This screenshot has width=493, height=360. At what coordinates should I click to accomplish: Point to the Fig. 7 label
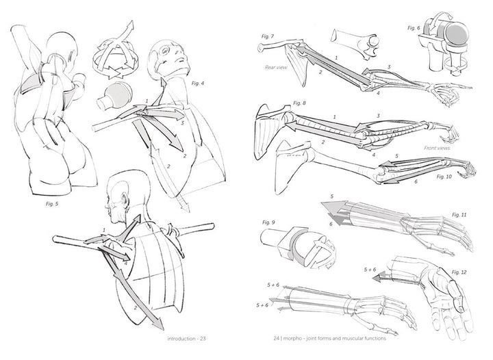point(268,35)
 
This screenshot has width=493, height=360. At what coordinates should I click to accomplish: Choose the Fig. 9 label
point(268,222)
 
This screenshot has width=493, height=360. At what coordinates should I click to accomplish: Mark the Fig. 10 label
point(445,177)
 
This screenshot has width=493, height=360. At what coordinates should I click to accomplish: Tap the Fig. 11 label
point(459,215)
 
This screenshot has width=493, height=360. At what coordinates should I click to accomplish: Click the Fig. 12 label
point(459,272)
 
